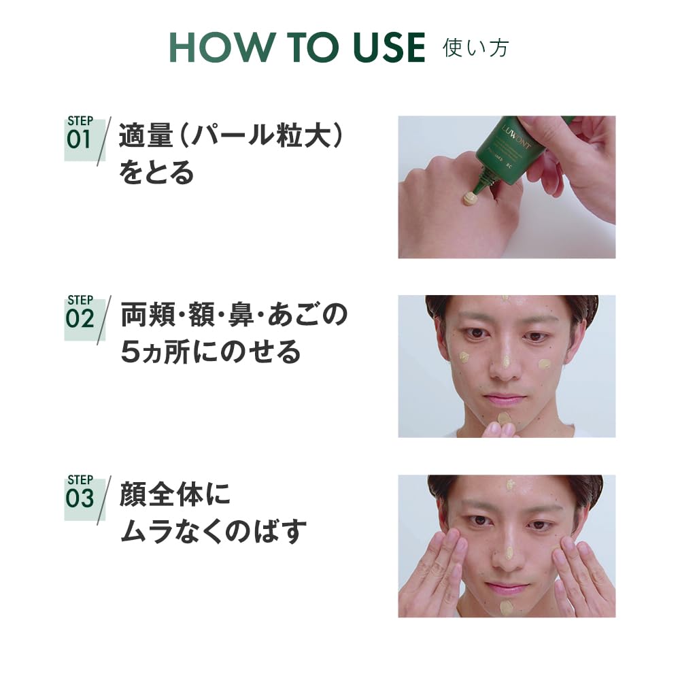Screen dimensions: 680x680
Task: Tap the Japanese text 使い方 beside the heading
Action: [x=475, y=48]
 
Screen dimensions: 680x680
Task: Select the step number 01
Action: [x=79, y=139]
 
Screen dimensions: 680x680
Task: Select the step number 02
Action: [x=80, y=319]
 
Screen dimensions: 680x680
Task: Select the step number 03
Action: [x=80, y=498]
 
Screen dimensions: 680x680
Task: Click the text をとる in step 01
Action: [x=156, y=174]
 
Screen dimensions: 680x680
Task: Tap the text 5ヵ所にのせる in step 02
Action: [x=210, y=352]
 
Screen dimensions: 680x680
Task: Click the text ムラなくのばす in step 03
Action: [x=213, y=531]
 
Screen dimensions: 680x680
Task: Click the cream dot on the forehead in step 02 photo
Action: [x=505, y=299]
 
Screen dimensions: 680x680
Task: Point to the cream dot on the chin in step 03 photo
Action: [x=507, y=607]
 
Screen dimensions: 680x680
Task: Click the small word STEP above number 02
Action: [x=80, y=301]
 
